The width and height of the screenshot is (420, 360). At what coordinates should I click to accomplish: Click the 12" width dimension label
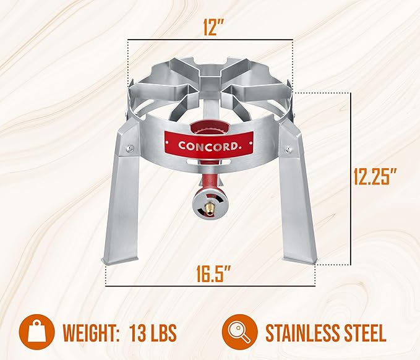(213, 27)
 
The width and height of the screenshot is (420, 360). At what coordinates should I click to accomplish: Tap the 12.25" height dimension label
(375, 176)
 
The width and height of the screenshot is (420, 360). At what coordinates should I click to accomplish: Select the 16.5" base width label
(213, 274)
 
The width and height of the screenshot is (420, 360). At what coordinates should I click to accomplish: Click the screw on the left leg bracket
(130, 148)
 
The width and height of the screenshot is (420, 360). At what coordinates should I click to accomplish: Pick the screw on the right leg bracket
(288, 148)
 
